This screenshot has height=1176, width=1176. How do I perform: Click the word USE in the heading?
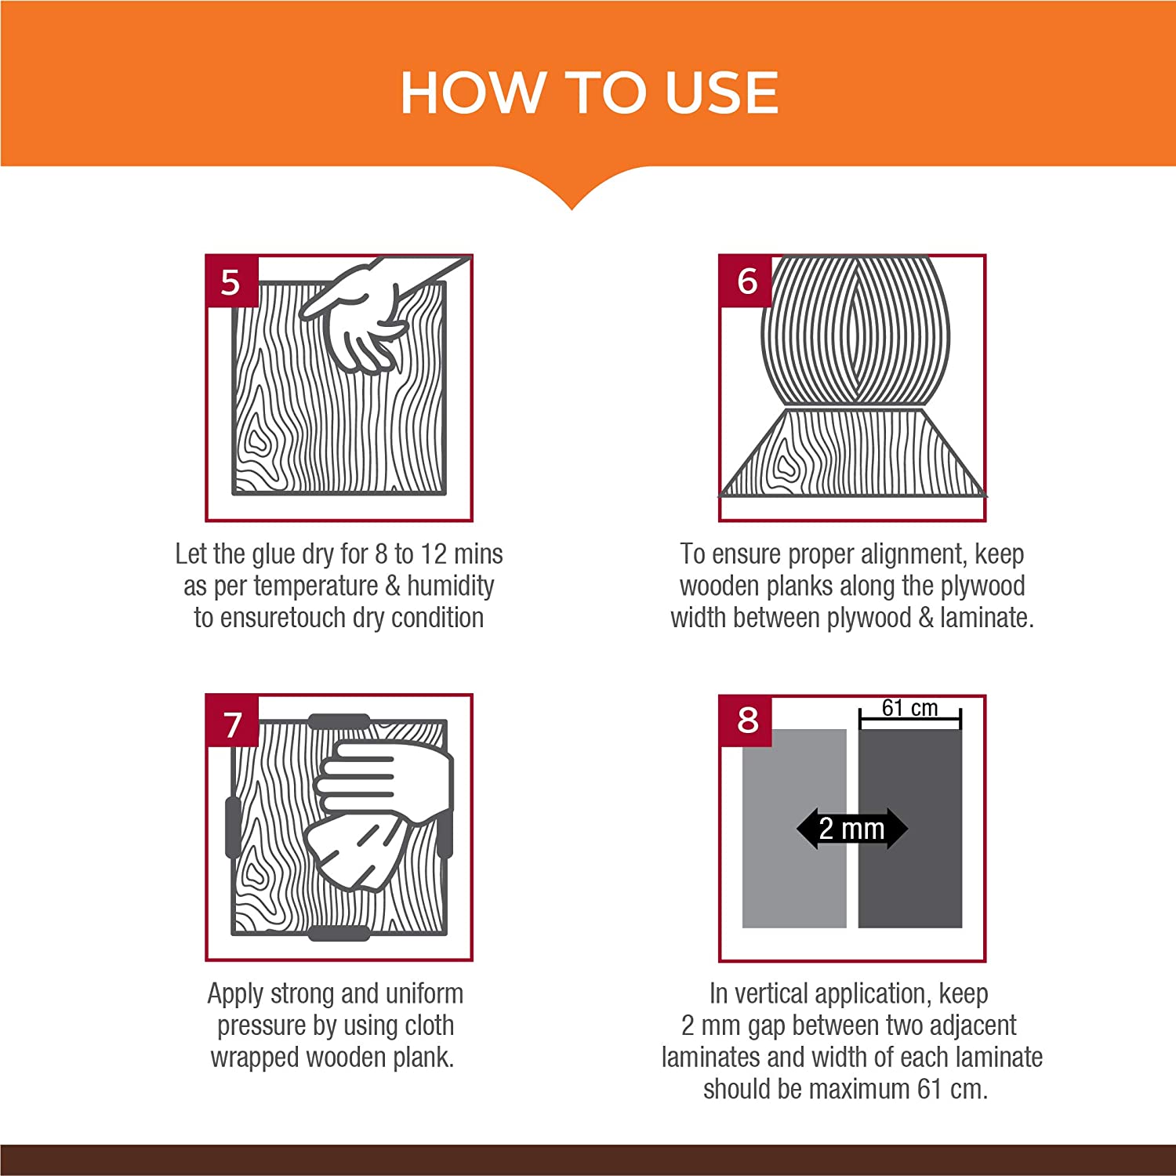click(x=722, y=93)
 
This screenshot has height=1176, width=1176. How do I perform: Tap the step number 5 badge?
click(x=231, y=281)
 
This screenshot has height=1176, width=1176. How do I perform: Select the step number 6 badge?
click(x=746, y=281)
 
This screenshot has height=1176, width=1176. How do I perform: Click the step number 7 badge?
click(x=231, y=721)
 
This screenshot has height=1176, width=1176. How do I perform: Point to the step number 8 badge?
click(x=746, y=720)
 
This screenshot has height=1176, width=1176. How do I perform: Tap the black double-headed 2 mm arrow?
click(x=852, y=829)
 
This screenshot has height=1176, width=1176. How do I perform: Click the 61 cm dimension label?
click(x=909, y=708)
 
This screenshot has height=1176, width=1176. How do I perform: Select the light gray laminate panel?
click(x=794, y=829)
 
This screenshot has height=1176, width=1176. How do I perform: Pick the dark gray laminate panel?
click(x=910, y=829)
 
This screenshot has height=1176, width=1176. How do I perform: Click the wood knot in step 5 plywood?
click(x=255, y=441)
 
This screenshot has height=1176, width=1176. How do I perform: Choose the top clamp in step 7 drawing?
click(x=339, y=721)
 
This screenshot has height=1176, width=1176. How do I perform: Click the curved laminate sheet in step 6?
click(x=855, y=329)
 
